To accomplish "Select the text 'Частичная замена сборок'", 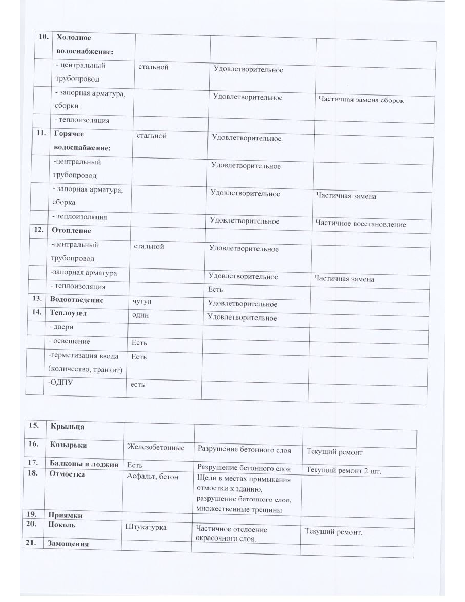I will pyautogui.click(x=361, y=100).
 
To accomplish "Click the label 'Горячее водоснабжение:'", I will pyautogui.click(x=82, y=140).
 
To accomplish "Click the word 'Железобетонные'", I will pyautogui.click(x=155, y=447).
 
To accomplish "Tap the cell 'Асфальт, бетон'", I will pyautogui.click(x=152, y=476).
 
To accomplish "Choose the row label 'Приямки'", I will pyautogui.click(x=65, y=515).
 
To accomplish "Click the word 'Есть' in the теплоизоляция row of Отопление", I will pyautogui.click(x=216, y=290).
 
